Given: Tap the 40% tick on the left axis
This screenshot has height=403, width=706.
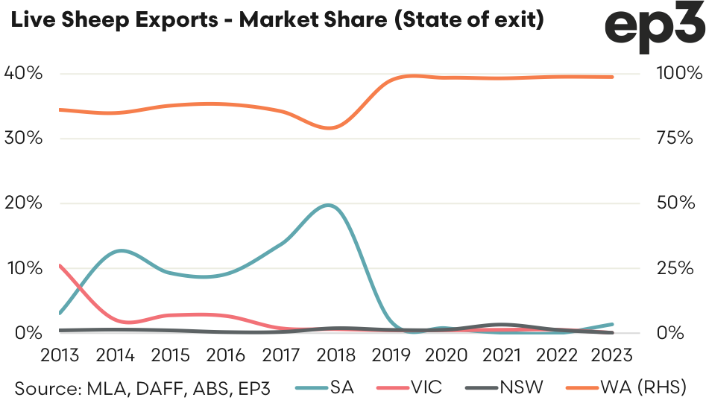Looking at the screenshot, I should tap(24, 73).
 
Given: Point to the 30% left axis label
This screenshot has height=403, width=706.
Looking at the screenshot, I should tap(24, 138).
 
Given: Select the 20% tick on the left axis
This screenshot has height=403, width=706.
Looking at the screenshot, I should tap(24, 203).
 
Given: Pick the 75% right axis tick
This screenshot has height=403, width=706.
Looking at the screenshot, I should tap(675, 138).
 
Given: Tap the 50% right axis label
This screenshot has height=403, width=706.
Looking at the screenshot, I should tap(675, 203).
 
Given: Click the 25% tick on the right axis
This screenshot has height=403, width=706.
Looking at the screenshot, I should tap(675, 267).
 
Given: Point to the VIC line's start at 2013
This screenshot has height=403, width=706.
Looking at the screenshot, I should tap(59, 265).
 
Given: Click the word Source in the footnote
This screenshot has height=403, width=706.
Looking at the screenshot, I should tap(45, 387).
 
